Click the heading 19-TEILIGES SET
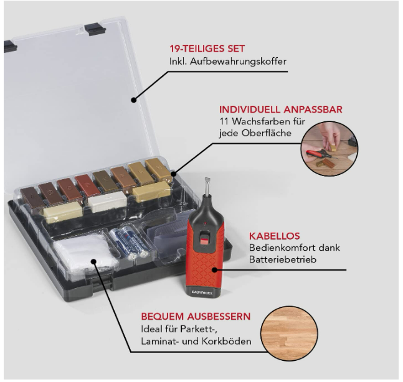(207, 49)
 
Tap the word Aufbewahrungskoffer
(238, 62)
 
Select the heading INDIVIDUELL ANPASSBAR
(281, 109)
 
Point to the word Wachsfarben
(262, 121)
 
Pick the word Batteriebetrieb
(282, 259)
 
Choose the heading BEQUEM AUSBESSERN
(196, 316)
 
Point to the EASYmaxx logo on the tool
(202, 292)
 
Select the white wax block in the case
(107, 202)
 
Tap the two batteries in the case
(129, 241)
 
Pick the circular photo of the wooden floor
(289, 333)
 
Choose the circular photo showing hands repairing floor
(330, 149)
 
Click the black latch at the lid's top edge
(95, 29)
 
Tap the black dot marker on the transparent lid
(134, 100)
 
